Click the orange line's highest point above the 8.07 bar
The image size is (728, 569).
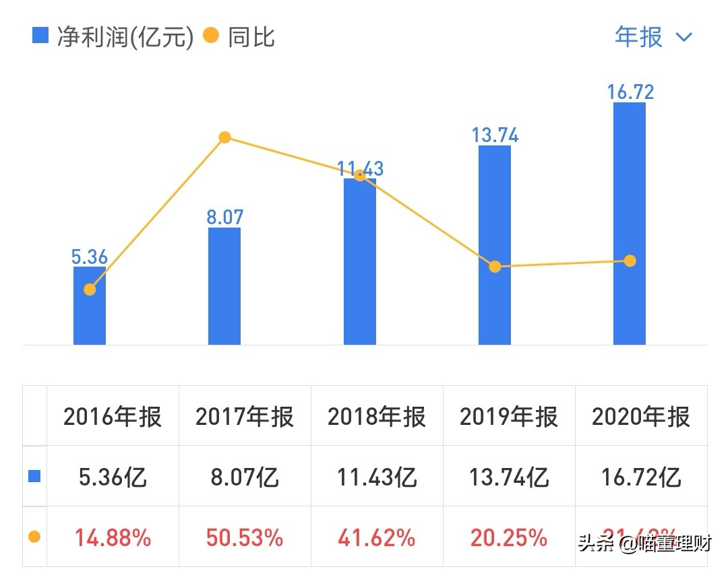(x=225, y=137)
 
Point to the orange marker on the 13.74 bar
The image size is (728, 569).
(x=495, y=267)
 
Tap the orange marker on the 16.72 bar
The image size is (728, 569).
(x=630, y=261)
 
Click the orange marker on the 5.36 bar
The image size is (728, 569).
(x=90, y=290)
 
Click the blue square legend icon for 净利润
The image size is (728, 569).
(x=40, y=36)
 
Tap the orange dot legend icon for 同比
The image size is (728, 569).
(x=211, y=36)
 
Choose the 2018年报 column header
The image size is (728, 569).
(x=377, y=417)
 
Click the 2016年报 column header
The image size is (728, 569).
(x=113, y=417)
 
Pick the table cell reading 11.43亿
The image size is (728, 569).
(x=377, y=477)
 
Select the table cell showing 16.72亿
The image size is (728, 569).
(x=641, y=477)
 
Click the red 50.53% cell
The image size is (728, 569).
(x=245, y=537)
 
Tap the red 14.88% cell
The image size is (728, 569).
(x=113, y=537)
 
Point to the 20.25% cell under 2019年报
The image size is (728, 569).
(x=509, y=537)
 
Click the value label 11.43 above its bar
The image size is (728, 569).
(x=361, y=168)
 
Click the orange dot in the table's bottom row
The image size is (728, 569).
(x=34, y=537)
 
